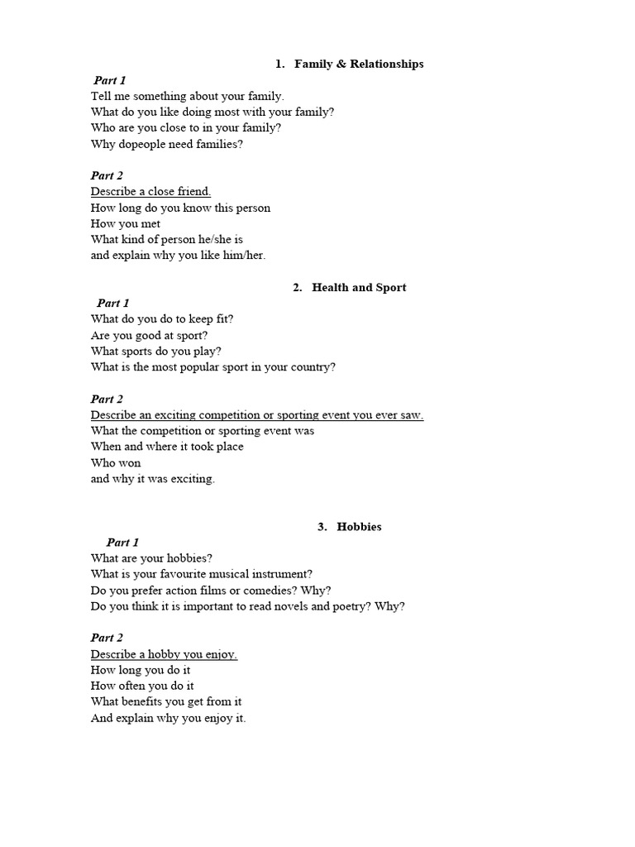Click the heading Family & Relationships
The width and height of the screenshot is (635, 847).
coord(359,64)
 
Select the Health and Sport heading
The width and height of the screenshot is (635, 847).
coord(359,287)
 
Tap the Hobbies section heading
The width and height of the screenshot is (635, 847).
coord(359,526)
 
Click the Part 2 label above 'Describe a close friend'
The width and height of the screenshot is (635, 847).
coord(107,175)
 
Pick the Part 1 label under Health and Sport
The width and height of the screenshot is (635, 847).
coord(113,303)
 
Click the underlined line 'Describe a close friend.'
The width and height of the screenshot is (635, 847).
coord(150,191)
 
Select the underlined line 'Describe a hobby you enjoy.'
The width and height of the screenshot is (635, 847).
coord(164,654)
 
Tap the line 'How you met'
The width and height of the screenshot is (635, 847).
coord(126,223)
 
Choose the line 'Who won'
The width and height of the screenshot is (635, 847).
coord(116,462)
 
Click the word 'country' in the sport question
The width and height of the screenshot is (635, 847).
coord(309,366)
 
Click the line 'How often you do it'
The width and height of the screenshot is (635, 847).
coord(142,686)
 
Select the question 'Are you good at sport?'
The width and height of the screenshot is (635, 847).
coord(149,335)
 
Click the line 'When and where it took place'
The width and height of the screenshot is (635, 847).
coord(167,447)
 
